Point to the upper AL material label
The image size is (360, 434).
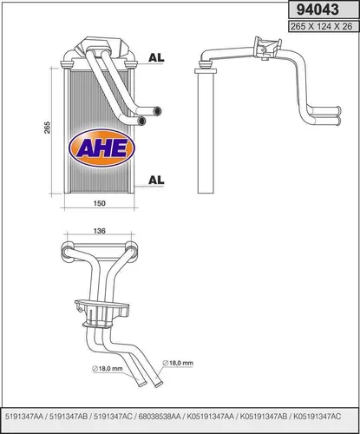pos(157,58)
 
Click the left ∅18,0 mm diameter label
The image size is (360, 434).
pos(108,368)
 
